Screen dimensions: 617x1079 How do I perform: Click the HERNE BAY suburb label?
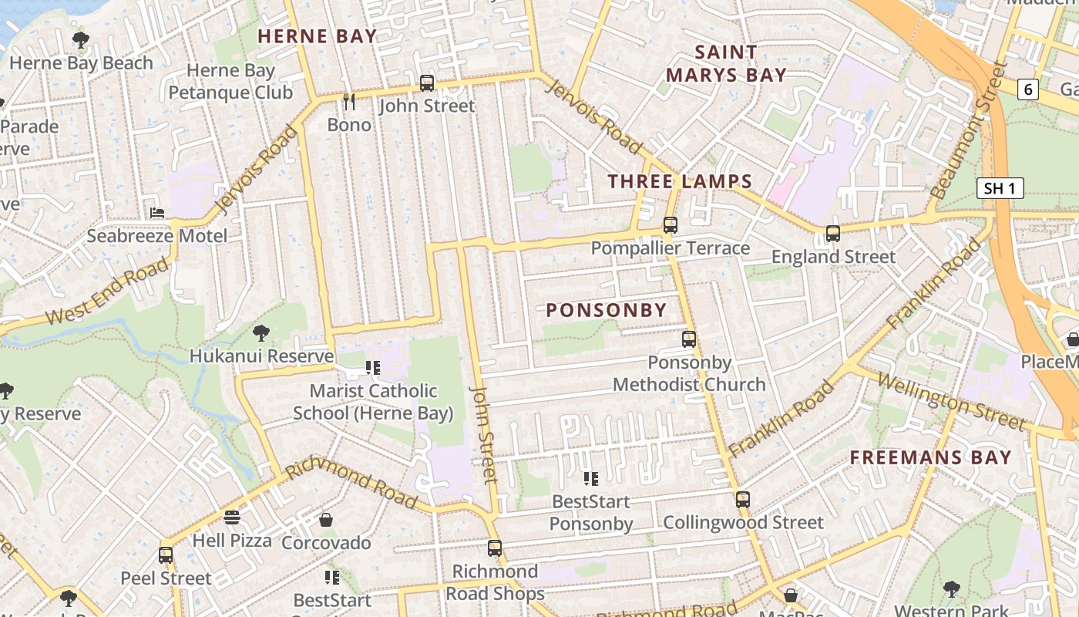[317, 36]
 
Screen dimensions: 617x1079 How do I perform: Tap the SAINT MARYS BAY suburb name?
[726, 64]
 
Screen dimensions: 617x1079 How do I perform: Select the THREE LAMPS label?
[680, 182]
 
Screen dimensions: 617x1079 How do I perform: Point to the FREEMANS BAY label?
[930, 457]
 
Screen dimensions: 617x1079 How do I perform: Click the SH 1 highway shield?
[1000, 188]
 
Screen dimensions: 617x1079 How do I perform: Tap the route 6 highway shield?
[1027, 89]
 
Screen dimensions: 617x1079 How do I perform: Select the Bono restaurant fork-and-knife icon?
[349, 101]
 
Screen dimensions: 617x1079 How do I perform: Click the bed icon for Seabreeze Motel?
[157, 213]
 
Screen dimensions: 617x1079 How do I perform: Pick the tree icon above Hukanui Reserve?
[261, 333]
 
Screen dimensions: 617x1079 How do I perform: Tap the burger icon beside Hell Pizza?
[232, 518]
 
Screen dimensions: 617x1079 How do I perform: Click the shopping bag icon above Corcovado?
[326, 520]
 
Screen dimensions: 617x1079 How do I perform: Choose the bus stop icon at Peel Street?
[166, 555]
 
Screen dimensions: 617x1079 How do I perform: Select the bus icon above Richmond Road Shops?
[495, 548]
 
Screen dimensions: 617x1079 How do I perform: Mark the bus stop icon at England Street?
[833, 233]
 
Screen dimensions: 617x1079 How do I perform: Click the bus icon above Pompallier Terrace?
[671, 225]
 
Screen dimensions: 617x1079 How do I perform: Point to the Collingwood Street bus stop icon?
[743, 499]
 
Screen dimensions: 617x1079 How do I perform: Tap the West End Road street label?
[107, 292]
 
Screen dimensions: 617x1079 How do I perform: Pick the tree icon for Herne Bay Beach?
[81, 40]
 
